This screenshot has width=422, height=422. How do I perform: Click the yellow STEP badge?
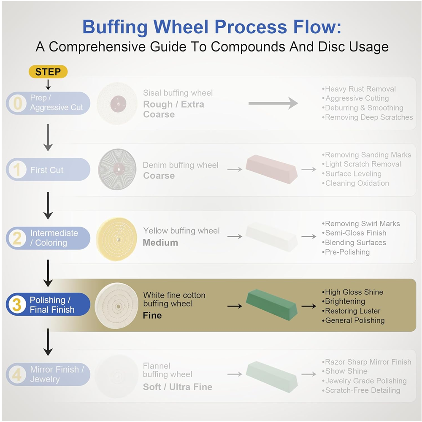(x=48, y=72)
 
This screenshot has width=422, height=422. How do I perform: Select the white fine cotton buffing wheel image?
(x=116, y=306)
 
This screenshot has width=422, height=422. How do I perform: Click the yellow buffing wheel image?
(x=116, y=239)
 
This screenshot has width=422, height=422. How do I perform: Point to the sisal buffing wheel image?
(x=117, y=104)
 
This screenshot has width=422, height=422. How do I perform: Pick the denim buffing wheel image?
(x=117, y=169)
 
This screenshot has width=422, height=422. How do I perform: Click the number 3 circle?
(x=17, y=304)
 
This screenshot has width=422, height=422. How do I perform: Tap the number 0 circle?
(x=17, y=103)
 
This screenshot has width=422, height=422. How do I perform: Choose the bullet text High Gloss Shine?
(x=352, y=292)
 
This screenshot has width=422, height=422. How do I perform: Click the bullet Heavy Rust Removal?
(x=359, y=89)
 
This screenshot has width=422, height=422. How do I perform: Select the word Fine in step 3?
(x=152, y=315)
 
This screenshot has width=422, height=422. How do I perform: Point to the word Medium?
(x=160, y=243)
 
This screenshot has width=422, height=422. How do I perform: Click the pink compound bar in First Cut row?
(x=272, y=169)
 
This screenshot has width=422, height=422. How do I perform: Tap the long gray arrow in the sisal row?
(x=273, y=103)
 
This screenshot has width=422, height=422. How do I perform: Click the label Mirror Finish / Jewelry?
(x=57, y=374)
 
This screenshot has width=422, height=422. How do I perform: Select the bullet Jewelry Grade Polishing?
(x=364, y=381)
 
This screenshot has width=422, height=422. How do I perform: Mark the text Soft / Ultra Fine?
(x=178, y=387)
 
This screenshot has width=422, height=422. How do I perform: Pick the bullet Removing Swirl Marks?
(x=361, y=224)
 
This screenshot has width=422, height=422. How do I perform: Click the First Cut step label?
(x=47, y=170)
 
